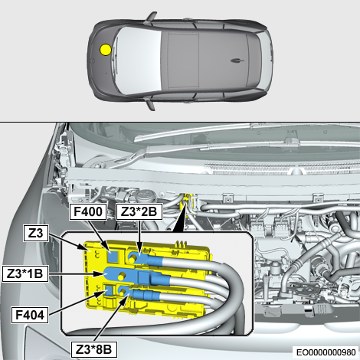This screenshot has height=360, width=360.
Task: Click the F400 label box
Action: tap(88, 211)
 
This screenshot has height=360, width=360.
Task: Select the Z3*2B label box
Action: tap(139, 211)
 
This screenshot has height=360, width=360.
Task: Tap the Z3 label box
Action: tap(36, 233)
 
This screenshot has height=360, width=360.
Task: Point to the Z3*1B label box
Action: tap(25, 273)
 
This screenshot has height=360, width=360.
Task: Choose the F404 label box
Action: tap(30, 315)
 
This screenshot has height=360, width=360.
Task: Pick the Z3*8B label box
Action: tap(94, 349)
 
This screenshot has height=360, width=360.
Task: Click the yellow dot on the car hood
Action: tap(106, 50)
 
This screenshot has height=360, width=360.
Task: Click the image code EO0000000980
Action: tap(326, 352)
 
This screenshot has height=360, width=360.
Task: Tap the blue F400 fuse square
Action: tap(113, 256)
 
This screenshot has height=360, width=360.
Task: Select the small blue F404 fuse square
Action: tap(110, 291)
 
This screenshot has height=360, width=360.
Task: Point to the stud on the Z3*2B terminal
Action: tap(133, 259)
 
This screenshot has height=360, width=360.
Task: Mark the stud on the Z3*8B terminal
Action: tap(123, 292)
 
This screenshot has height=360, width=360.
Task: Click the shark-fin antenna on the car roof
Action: tap(237, 61)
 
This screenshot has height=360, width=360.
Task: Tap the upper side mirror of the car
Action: tap(151, 16)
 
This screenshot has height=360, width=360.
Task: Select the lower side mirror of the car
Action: tap(151, 105)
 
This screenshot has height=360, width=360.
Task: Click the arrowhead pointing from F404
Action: tap(100, 293)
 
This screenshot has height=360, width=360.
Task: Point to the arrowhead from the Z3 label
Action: tap(86, 247)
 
